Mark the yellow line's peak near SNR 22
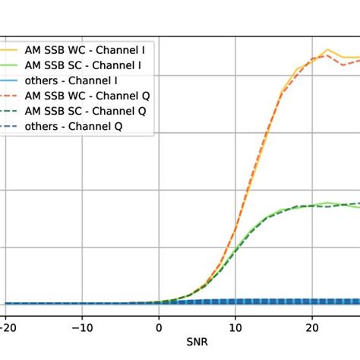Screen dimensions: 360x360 (x=327, y=50)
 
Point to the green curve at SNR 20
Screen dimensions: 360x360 (x=311, y=205)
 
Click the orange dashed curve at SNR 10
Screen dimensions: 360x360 (x=235, y=230)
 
